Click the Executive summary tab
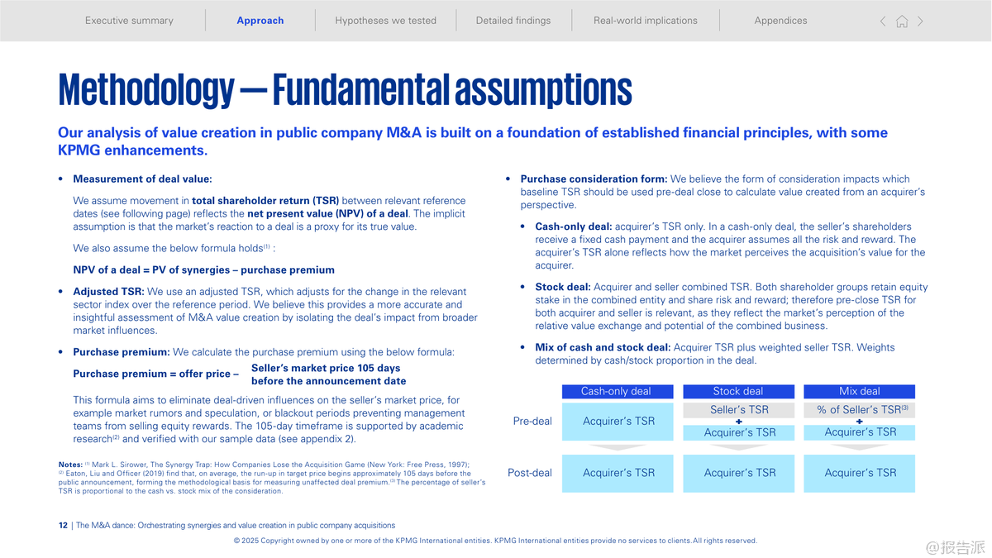point(129,21)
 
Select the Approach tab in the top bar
point(260,21)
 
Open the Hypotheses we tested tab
point(385,21)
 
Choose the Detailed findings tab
point(513,21)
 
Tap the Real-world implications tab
point(645,21)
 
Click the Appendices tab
point(780,21)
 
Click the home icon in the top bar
point(902,21)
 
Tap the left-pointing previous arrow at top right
point(883,21)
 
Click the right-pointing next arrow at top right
point(921,21)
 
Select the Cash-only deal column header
point(617,392)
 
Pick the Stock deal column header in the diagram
point(738,392)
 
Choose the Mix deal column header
point(860,392)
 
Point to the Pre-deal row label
point(532,422)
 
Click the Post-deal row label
point(530,473)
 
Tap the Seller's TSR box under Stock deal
point(739,410)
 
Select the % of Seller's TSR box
point(860,410)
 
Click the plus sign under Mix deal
point(860,422)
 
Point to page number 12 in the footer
point(64,526)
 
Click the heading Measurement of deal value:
point(142,179)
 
